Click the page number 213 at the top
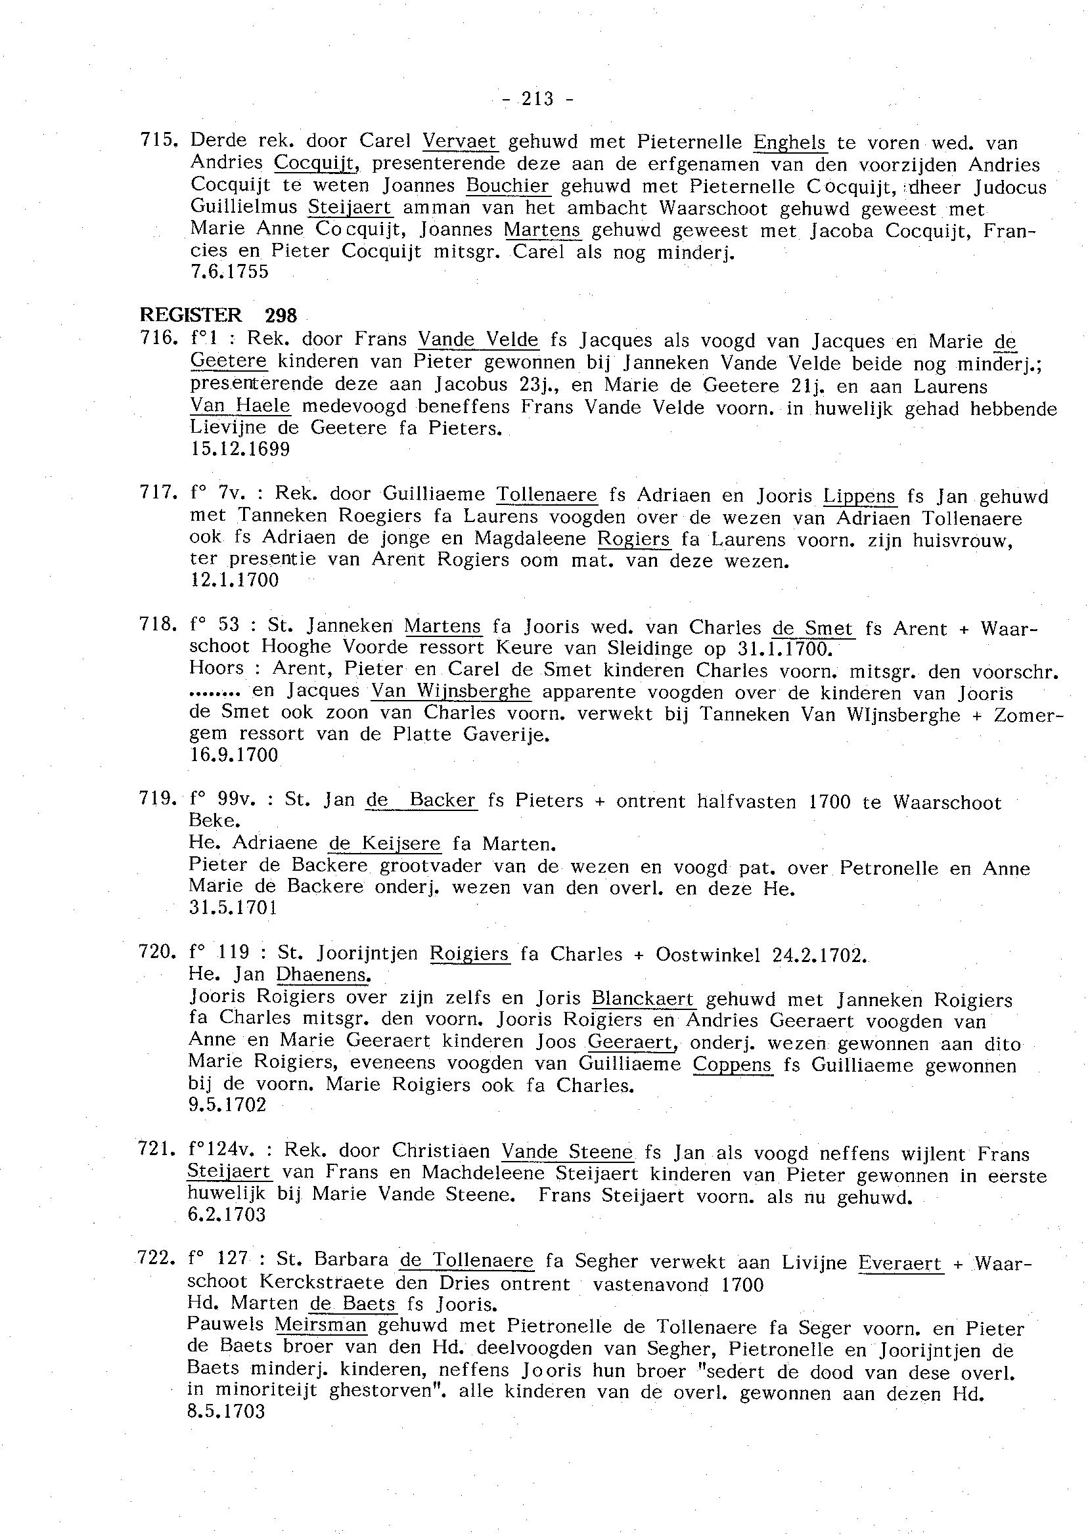(x=537, y=99)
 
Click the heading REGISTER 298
(x=217, y=315)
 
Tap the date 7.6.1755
(x=229, y=272)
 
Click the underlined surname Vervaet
(x=460, y=142)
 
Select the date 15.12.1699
(x=240, y=449)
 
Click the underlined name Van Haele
(x=240, y=406)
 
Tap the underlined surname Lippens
(x=859, y=496)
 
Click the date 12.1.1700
(x=235, y=579)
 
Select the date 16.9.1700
(x=234, y=755)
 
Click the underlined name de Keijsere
(x=384, y=844)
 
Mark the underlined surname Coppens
(x=733, y=1064)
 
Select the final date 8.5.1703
(x=227, y=1411)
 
